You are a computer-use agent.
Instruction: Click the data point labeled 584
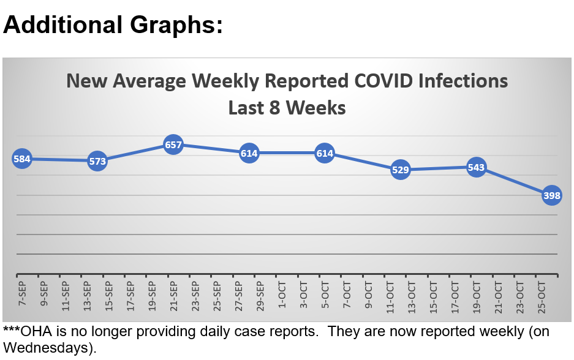(22, 159)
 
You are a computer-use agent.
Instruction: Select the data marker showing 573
(97, 162)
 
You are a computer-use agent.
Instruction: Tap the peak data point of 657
(173, 145)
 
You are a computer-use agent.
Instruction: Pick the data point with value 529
(400, 170)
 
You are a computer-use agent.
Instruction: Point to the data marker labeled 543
(476, 167)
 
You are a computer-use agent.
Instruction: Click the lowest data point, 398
(551, 195)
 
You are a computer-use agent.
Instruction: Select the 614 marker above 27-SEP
(249, 153)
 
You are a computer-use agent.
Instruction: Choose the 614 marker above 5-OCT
(325, 153)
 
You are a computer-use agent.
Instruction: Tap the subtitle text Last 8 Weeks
(287, 108)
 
